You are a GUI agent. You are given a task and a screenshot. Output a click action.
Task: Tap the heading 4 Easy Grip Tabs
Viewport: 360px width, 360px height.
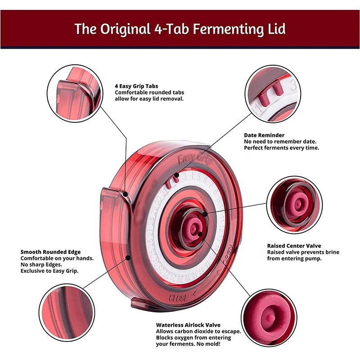(136, 85)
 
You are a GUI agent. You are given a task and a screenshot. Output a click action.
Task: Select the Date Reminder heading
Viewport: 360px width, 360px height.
(264, 135)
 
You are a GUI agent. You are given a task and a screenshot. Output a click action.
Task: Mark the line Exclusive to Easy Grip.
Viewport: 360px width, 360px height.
(49, 271)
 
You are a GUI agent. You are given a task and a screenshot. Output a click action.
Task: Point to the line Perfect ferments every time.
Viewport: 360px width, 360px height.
(281, 148)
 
